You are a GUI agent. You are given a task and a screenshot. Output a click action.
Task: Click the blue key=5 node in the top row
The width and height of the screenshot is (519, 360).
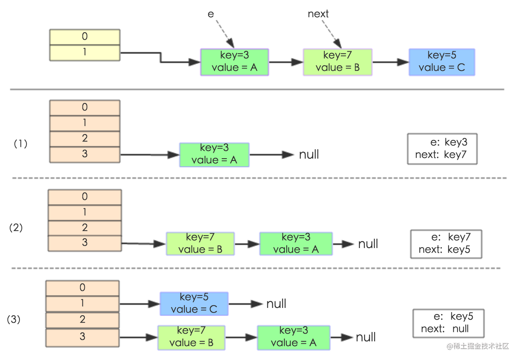click(x=442, y=62)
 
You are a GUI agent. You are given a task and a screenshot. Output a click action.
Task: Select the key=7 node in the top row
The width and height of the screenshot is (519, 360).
click(x=337, y=62)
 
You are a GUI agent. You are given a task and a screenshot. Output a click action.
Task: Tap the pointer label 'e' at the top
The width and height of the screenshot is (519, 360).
click(x=211, y=14)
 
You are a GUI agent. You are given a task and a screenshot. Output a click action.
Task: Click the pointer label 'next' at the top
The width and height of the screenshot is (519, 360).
click(x=318, y=14)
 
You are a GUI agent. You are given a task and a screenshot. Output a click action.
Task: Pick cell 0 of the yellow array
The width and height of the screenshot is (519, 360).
click(x=85, y=37)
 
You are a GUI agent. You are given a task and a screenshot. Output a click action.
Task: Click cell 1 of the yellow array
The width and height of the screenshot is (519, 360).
click(x=85, y=52)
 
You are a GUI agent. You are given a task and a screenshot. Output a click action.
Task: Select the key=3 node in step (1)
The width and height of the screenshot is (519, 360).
click(x=214, y=154)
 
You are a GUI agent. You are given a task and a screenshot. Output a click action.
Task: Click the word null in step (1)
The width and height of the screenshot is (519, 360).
click(x=309, y=155)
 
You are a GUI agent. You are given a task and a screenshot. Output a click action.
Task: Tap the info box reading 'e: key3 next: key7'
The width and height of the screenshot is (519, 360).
click(x=442, y=149)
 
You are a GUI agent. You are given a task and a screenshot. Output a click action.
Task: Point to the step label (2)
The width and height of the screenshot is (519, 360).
click(x=16, y=227)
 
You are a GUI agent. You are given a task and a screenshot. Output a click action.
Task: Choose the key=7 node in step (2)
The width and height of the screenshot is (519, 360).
click(x=200, y=244)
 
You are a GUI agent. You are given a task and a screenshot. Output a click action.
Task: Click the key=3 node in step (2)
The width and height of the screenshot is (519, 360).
click(x=296, y=244)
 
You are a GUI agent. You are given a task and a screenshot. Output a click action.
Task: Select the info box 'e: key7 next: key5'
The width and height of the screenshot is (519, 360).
click(x=446, y=244)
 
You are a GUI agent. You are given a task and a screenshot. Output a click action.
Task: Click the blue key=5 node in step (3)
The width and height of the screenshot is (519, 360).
click(x=194, y=304)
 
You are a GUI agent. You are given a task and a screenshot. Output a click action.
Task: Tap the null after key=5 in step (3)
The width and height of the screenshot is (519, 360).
click(x=276, y=304)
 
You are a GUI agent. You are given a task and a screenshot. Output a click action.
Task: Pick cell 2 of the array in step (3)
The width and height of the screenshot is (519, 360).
click(x=82, y=320)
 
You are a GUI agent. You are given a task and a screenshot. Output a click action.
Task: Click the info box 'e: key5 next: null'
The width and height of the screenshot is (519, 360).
click(x=448, y=323)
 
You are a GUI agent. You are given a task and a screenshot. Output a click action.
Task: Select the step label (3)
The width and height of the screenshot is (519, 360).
click(x=14, y=320)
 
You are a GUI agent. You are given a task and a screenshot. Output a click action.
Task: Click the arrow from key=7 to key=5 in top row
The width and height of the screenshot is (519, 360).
click(x=390, y=62)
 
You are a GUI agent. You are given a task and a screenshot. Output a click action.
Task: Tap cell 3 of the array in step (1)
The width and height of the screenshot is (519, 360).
click(x=85, y=154)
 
